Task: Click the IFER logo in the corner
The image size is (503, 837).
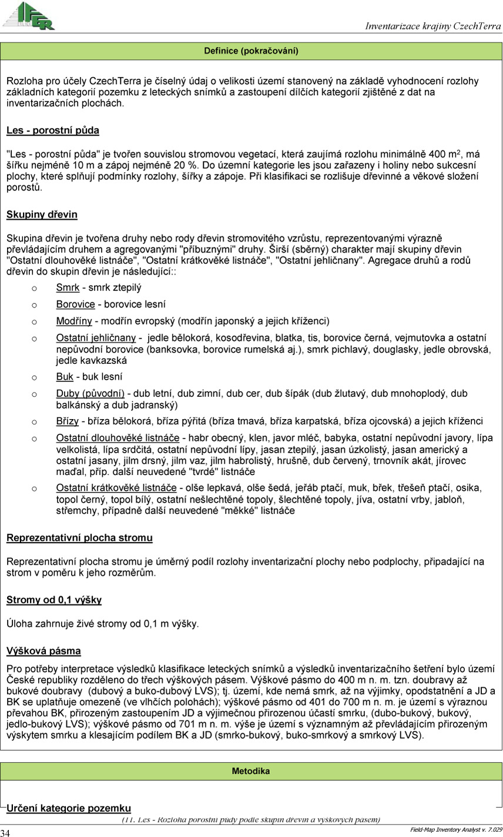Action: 28,16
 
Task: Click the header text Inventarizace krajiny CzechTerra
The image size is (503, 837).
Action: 433,26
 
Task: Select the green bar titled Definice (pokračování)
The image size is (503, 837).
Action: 251,51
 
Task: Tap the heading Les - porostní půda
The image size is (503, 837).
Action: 53,130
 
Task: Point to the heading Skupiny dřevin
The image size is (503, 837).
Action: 42,215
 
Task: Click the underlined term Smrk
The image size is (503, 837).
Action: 68,288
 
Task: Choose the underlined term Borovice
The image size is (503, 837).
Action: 75,304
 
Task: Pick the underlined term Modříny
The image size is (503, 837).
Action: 74,321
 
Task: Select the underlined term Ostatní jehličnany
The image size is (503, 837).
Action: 96,338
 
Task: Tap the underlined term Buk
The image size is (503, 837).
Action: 65,377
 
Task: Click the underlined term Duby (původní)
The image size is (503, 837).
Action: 90,393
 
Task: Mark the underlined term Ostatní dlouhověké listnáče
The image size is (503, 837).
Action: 118,438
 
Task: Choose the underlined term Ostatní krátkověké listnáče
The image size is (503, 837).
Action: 116,488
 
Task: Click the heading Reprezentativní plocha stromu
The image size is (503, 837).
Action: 79,538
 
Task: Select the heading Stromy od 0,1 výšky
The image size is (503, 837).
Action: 54,600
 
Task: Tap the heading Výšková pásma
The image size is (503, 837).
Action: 43,651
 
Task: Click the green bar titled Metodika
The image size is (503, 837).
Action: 251,771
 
